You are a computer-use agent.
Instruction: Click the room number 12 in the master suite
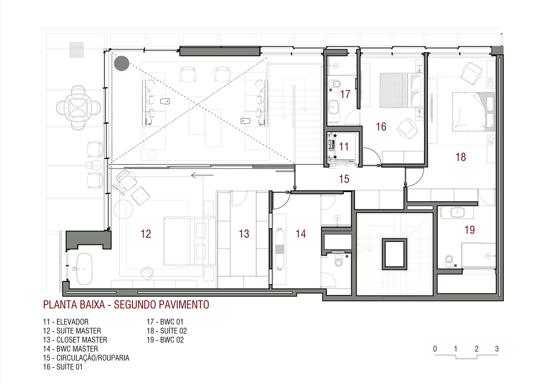[146, 234]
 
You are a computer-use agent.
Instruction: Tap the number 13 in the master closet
[244, 234]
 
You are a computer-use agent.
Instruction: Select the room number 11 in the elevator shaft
[344, 147]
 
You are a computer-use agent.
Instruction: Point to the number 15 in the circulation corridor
[344, 179]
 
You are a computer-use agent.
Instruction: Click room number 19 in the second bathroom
[470, 230]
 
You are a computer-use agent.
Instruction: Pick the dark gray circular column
[122, 64]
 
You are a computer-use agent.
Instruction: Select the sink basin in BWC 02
[457, 212]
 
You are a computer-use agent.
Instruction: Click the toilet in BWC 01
[335, 84]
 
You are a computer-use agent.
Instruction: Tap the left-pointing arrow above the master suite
[202, 175]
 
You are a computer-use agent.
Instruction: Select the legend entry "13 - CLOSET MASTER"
[75, 340]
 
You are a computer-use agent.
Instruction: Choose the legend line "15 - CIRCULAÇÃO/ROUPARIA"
[86, 358]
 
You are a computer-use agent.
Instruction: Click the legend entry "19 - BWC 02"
[165, 340]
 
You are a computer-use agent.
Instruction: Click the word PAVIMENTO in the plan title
[184, 305]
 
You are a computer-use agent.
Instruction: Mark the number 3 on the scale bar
[496, 349]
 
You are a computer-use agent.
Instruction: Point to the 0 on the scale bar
[435, 349]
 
